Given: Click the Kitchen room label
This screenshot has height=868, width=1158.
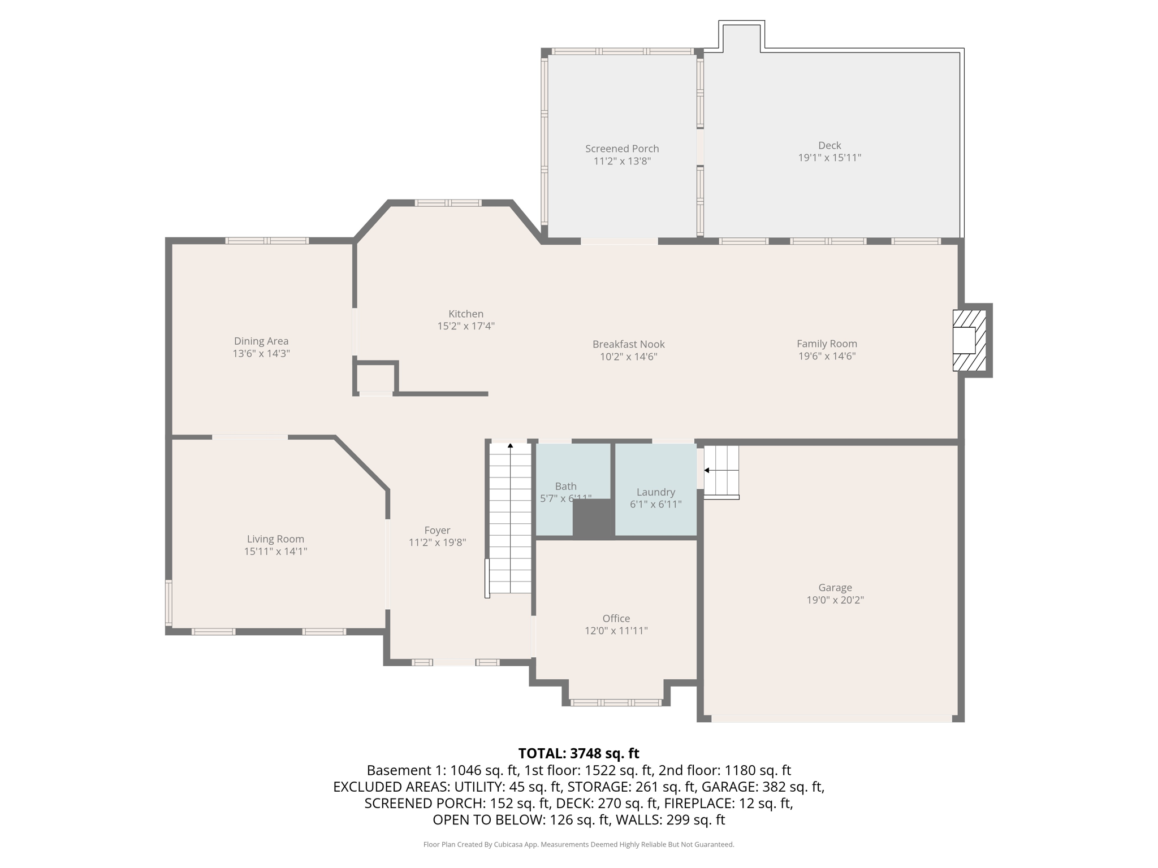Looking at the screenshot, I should point(466,314).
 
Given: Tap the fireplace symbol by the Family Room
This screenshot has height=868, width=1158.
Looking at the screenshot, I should point(969,340).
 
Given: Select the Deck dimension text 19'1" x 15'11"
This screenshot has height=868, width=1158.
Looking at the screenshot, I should point(829,158).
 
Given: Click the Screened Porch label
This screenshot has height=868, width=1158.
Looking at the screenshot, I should point(622,149).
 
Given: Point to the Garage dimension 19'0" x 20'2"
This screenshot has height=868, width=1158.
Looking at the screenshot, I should point(835,600).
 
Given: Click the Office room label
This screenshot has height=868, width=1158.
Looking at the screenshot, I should point(616,618).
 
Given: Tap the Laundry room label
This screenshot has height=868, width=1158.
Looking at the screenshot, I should point(655,492).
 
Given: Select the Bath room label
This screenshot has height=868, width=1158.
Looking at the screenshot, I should point(565,486).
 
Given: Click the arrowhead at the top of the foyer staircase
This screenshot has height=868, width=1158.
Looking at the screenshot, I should point(511,446).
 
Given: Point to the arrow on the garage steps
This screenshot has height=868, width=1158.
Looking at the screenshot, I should point(707,470).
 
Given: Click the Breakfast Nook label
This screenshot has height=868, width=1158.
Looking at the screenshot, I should point(628,344).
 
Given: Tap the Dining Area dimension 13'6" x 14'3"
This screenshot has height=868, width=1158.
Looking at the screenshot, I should point(261,354).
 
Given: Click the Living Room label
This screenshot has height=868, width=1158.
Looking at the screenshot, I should point(275,539).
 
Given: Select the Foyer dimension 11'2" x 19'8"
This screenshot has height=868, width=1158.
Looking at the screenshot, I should point(437,542).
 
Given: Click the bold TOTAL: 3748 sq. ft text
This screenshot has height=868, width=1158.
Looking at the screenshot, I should point(578,753).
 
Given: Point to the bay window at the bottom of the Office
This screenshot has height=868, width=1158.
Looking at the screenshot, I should point(616,702).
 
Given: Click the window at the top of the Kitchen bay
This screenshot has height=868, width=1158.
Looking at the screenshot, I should point(448,203).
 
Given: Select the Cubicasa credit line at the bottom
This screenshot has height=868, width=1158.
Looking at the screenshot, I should point(578,844).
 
